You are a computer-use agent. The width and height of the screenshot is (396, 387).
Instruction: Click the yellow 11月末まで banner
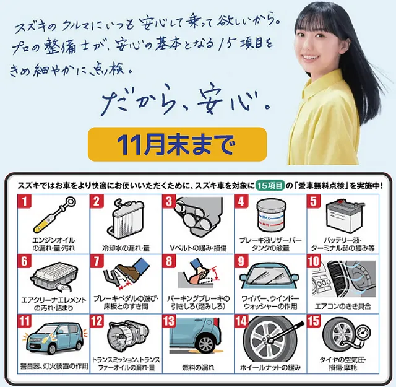tap(178, 144)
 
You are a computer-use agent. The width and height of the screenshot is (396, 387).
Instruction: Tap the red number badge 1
tap(25, 201)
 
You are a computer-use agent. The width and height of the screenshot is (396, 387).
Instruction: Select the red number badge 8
tap(169, 261)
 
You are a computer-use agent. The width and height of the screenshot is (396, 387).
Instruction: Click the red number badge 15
tap(314, 321)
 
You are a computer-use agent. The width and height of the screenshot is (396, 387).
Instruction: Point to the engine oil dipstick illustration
tap(55, 215)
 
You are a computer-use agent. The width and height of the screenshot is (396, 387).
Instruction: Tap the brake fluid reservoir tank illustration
tap(270, 216)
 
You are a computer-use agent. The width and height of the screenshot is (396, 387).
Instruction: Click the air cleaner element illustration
tap(55, 277)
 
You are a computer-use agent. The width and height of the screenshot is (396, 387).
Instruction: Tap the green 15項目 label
tap(270, 186)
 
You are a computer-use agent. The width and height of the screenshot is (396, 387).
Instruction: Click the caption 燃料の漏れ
tap(198, 367)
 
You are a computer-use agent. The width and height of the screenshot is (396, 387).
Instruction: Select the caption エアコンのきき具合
tap(343, 307)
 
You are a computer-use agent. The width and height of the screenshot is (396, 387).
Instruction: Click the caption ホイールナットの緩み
tap(270, 367)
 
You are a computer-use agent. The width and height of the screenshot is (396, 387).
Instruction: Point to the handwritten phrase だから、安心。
tap(186, 100)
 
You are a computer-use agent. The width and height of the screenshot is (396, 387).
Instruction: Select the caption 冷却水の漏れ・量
tap(126, 248)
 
